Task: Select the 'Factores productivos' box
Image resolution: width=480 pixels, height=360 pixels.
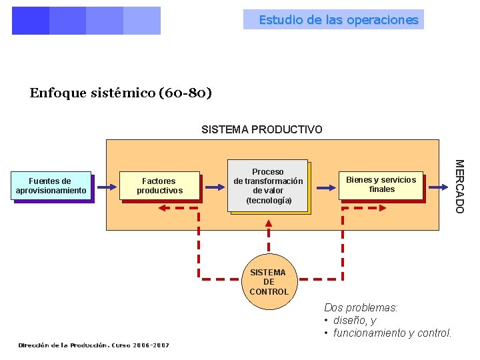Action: [159, 186]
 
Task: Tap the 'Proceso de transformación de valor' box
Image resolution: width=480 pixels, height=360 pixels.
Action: [268, 185]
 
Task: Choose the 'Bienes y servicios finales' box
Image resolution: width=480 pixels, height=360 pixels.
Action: [381, 185]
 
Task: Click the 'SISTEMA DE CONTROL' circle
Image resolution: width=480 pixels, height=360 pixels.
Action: [269, 282]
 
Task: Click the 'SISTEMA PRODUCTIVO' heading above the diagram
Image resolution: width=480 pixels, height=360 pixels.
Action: [262, 129]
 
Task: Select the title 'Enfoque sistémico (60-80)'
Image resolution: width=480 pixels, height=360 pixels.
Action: [121, 93]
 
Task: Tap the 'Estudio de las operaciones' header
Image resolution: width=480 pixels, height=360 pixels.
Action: [339, 20]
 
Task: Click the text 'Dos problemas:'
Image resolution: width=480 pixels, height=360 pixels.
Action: [361, 307]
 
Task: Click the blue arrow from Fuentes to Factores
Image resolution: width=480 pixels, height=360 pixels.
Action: [105, 187]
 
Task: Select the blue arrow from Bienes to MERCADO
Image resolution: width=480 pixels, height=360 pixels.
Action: [437, 187]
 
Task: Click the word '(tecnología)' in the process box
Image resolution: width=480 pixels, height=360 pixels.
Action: [269, 200]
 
